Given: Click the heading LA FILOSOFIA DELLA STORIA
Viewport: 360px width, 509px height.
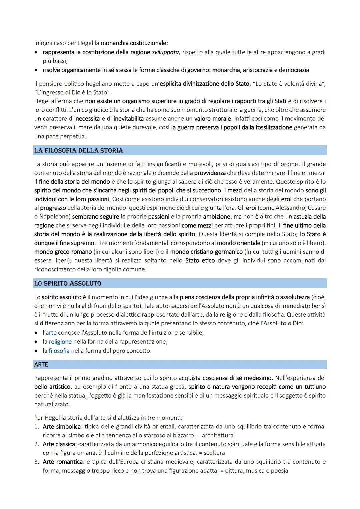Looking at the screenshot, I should click(x=79, y=151).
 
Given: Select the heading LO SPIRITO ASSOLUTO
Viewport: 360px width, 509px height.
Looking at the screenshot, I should click(x=68, y=284).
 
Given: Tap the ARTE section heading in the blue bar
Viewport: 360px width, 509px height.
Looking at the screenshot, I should click(x=41, y=365).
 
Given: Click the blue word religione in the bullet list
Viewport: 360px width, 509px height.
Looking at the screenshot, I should click(x=60, y=342).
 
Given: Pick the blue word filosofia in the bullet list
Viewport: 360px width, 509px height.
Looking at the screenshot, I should click(x=59, y=351).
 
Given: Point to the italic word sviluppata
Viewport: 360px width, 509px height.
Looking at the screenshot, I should click(x=166, y=52).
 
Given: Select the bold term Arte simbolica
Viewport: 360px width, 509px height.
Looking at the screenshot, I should click(x=62, y=427).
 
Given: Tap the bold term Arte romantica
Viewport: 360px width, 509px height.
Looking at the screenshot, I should click(x=63, y=462).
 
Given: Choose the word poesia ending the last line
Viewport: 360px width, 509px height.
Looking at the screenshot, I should click(x=279, y=471).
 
